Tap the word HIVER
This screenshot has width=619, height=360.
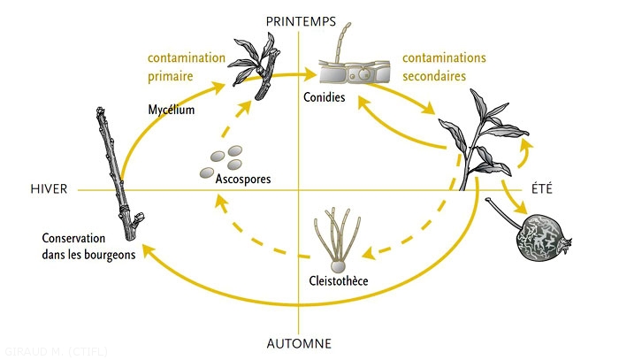(48, 189)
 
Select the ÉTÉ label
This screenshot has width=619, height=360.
(542, 188)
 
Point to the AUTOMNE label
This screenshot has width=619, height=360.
(301, 342)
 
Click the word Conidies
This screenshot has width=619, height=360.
(324, 96)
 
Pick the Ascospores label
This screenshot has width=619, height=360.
(242, 179)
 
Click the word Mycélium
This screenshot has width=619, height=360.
(171, 110)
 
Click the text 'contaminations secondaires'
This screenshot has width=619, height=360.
(444, 67)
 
